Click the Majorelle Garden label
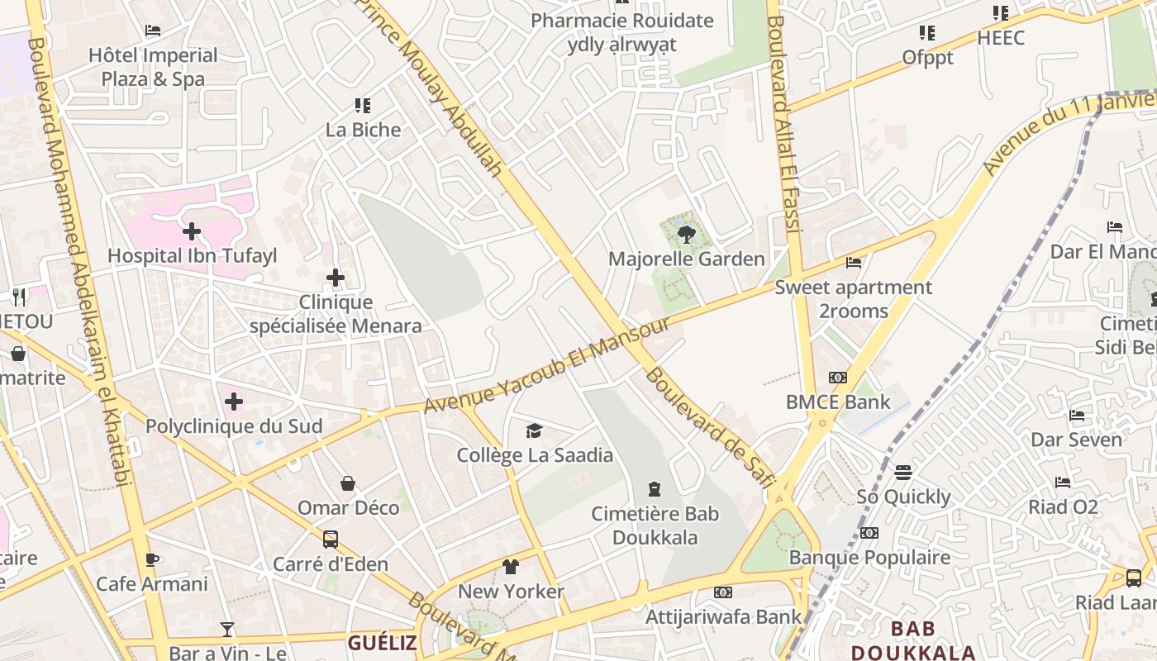point(686,259)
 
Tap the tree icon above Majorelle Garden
point(685,235)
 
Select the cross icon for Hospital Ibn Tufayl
point(192,231)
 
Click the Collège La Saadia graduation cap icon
point(535,430)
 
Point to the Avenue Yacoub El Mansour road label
point(546,364)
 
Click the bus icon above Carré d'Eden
point(331,540)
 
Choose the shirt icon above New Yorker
point(511,567)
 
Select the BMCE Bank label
point(838,402)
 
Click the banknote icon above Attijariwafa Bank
point(723,592)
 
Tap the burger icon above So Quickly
point(903,473)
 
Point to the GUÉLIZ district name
point(382,643)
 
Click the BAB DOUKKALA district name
point(913,640)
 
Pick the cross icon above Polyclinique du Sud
point(234,402)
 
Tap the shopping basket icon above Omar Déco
point(348,483)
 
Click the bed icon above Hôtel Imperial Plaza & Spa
point(153,31)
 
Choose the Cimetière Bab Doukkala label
point(655,525)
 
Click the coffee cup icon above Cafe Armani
point(152,559)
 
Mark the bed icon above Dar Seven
point(1077,415)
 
